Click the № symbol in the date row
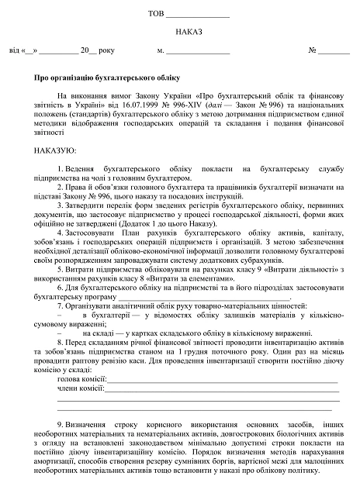313,51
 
